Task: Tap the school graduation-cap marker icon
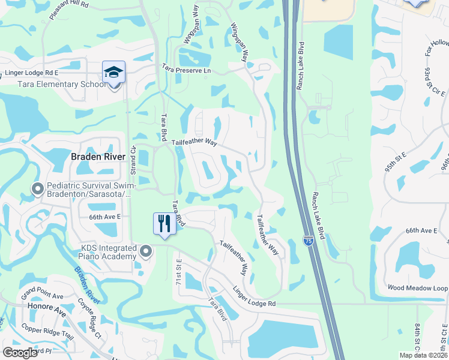coord(113,73)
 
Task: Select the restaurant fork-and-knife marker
coord(164,224)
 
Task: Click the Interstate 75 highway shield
coord(308,241)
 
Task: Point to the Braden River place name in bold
coord(98,157)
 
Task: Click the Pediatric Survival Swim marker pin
coord(37,189)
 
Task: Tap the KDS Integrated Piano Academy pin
coord(145,252)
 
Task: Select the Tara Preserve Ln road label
coord(186,70)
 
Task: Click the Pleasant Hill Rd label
coord(69,11)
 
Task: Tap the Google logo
coord(20,352)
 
